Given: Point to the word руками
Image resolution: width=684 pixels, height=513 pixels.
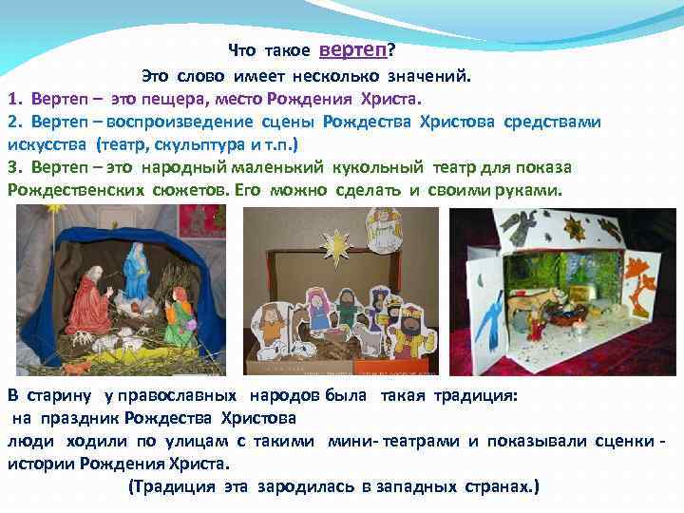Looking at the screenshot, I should coord(529,190).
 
